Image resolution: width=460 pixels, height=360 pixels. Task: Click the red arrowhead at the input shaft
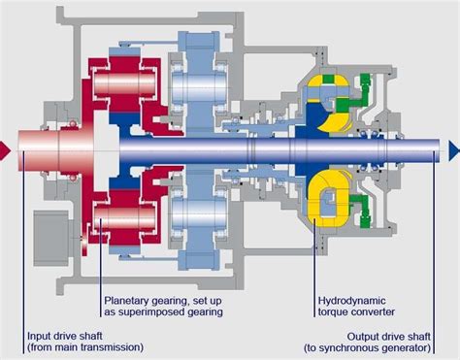pyautogui.click(x=5, y=147)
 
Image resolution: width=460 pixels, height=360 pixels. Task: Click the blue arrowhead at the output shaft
pyautogui.click(x=453, y=147)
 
